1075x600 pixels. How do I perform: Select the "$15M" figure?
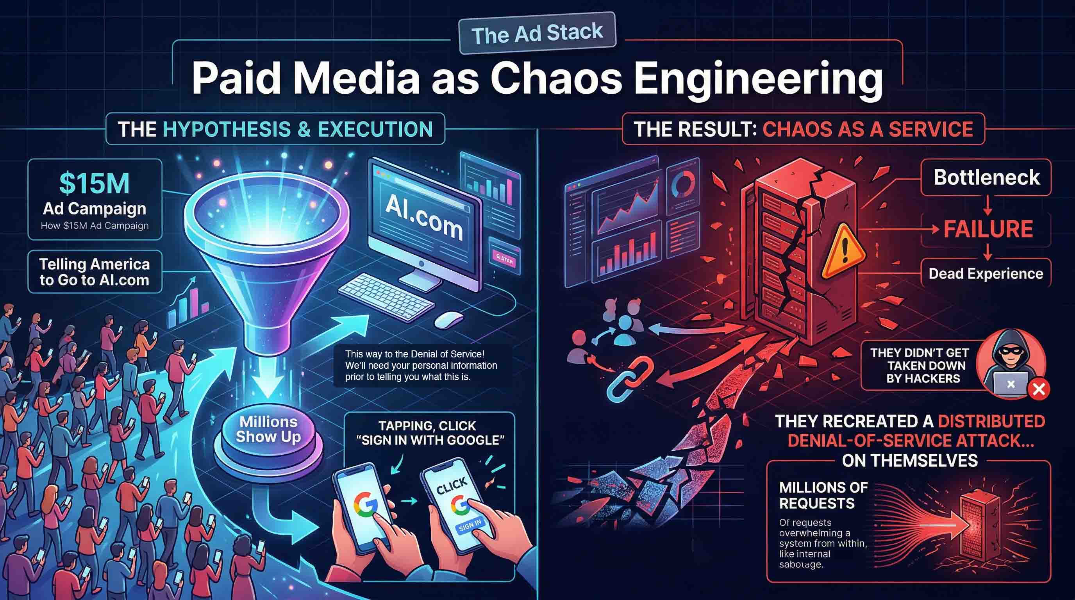click(x=94, y=184)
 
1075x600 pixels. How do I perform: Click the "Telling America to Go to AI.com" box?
click(x=94, y=271)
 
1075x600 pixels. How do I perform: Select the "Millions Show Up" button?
click(x=268, y=429)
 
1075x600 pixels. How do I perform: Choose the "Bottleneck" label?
click(x=986, y=177)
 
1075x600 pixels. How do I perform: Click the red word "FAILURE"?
click(x=988, y=229)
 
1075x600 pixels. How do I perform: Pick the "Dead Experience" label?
click(x=986, y=274)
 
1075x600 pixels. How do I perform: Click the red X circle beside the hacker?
click(x=1038, y=389)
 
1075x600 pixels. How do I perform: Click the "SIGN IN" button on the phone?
click(x=470, y=526)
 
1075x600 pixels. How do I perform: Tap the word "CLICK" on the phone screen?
click(x=451, y=486)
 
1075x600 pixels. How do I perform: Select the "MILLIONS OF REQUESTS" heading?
click(x=823, y=495)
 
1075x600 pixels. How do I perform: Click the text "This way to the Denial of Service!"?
click(x=414, y=354)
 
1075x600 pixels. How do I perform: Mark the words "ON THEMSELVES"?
click(x=910, y=461)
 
